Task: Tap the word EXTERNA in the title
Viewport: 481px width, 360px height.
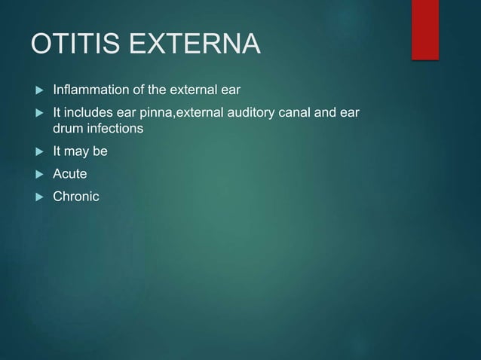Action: (x=195, y=44)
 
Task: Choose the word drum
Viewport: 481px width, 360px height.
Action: (x=66, y=129)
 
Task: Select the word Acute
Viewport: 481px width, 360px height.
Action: (x=69, y=174)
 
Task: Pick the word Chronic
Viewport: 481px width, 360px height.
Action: (x=75, y=197)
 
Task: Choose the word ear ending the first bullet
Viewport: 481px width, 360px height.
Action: (x=230, y=91)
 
